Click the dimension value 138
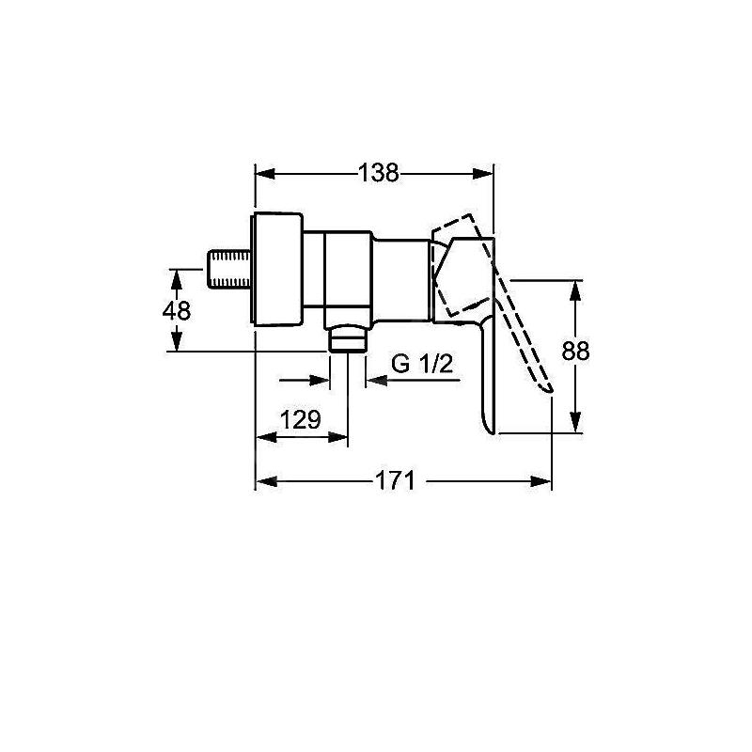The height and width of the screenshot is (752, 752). [379, 173]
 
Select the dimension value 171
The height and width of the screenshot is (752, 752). [395, 480]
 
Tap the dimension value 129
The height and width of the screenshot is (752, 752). [300, 420]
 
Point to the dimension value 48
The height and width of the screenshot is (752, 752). [177, 311]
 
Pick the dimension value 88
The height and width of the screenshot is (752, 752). [575, 351]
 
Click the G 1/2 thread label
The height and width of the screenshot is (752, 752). [422, 364]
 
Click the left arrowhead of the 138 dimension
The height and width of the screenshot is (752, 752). [265, 174]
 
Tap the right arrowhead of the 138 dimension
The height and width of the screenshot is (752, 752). [482, 174]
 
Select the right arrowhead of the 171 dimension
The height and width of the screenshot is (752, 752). [540, 481]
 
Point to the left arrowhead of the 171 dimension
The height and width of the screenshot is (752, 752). [267, 481]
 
